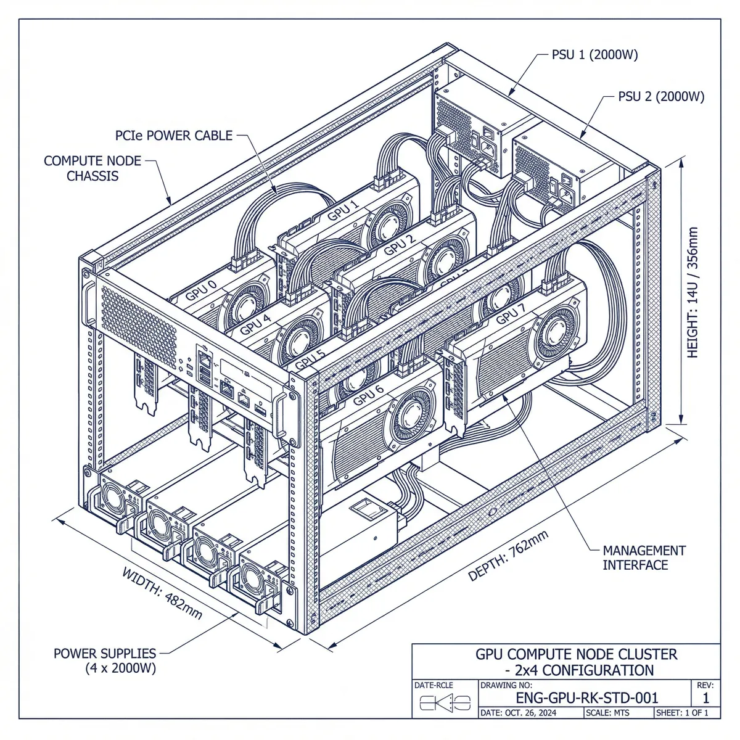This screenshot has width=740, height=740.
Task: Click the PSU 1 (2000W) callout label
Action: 594,55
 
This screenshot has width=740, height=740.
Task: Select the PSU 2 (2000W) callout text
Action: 660,97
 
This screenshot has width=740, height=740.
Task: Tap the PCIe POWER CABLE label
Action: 174,135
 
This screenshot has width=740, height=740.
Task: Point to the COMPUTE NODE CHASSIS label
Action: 92,168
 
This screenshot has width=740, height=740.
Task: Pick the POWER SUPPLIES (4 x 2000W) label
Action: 105,660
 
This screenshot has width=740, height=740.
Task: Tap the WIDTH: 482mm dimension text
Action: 162,594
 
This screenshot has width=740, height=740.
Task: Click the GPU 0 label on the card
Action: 201,289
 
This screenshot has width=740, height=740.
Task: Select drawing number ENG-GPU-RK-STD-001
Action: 586,697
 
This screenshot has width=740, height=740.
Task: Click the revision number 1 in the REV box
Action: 706,697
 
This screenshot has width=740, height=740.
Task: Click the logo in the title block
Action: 445,702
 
